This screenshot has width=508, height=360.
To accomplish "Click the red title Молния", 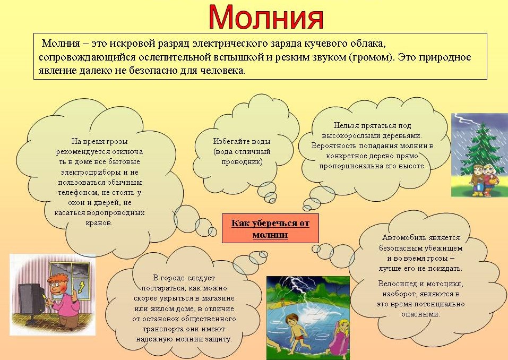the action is click(x=265, y=17).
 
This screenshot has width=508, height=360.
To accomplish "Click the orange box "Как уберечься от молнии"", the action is click(x=270, y=228).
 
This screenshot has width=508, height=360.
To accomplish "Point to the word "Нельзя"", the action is click(x=346, y=125).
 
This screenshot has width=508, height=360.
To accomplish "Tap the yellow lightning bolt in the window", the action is click(x=81, y=286).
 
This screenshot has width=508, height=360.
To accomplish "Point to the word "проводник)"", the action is click(x=242, y=162).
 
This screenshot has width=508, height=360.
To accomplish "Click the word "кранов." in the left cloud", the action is click(x=99, y=223).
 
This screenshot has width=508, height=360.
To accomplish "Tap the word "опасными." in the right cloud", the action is click(x=420, y=314).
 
